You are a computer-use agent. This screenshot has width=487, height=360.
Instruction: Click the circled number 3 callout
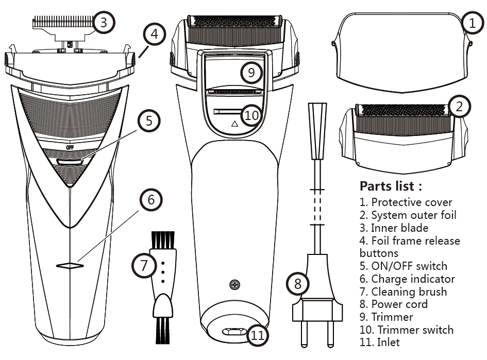(104, 22)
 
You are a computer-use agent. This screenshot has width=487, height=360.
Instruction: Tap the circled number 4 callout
(154, 35)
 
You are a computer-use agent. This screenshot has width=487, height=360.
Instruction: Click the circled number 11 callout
(258, 335)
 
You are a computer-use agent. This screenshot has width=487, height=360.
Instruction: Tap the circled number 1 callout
(471, 22)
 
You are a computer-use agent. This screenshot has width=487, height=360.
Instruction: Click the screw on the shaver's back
(235, 284)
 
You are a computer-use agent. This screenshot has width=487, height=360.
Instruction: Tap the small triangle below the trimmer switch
(234, 124)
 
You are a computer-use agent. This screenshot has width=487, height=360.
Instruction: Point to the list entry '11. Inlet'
(379, 342)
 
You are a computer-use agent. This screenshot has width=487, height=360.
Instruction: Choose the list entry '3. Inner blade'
(394, 228)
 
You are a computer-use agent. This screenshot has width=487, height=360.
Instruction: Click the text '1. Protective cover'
(406, 202)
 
